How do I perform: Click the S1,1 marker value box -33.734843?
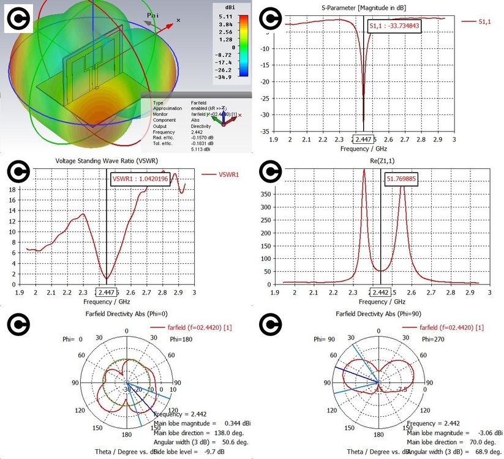pos(394,27)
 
